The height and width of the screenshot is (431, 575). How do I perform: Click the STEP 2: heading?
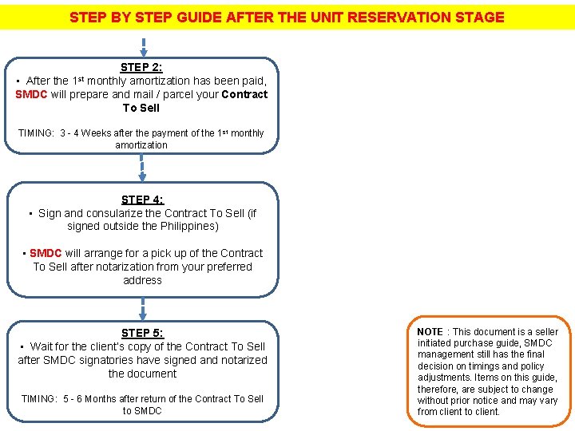coord(141,68)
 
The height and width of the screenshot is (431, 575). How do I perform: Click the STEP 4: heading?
coord(142,200)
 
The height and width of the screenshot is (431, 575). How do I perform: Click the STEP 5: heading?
coord(142,333)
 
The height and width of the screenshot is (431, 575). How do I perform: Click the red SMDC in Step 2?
coord(33,94)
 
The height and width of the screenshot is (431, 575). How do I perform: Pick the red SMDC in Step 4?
coord(46,253)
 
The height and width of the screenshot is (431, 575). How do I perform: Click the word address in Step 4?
coord(142,280)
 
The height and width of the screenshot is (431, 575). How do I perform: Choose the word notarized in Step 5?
coord(244,360)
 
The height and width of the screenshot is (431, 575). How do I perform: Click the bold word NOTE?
coord(430,331)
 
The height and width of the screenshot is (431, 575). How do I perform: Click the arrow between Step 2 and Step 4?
coord(142,167)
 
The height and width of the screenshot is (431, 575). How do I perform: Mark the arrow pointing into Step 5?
coord(142,306)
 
